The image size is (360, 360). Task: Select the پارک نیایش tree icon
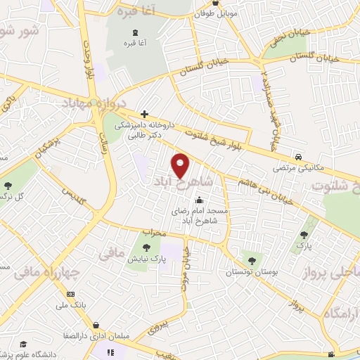(146, 247)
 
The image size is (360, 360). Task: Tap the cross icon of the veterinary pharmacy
(144, 113)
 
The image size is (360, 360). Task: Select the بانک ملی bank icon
(70, 294)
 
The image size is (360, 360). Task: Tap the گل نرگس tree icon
(8, 186)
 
